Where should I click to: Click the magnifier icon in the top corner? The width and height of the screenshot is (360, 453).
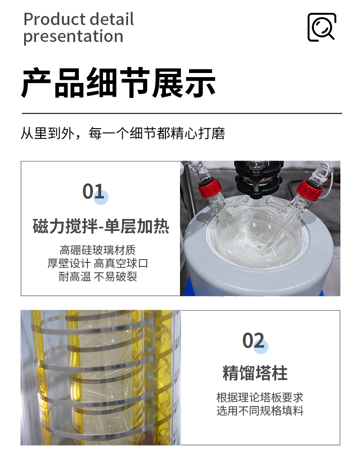click(x=322, y=27)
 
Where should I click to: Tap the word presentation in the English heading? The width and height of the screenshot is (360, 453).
click(x=73, y=36)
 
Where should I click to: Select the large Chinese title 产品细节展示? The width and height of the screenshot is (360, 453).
click(x=118, y=83)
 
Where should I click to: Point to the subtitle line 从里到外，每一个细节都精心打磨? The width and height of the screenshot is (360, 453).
click(x=123, y=134)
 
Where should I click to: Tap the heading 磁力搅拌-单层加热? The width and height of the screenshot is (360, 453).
click(x=101, y=226)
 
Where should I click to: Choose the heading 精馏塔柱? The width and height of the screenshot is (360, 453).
click(x=255, y=373)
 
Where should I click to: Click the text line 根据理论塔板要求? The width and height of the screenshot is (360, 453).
click(x=260, y=397)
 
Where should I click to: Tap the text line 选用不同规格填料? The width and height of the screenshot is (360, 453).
click(x=260, y=411)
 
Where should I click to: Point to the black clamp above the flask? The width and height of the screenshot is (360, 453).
click(x=257, y=178)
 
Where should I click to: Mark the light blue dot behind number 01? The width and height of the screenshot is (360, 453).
click(x=101, y=198)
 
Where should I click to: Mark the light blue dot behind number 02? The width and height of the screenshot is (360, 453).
click(x=261, y=347)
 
